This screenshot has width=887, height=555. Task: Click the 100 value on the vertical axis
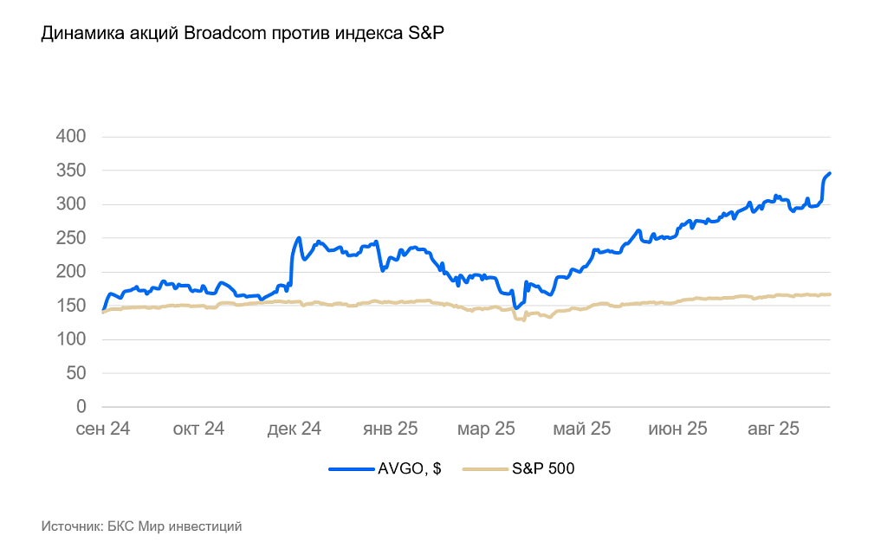[x=73, y=339]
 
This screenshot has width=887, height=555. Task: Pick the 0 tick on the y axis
[x=81, y=407]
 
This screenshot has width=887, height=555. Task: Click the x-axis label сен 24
[x=102, y=429]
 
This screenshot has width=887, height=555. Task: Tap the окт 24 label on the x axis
[x=199, y=429]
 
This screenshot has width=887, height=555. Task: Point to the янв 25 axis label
[x=391, y=429]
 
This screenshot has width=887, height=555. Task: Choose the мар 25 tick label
[x=487, y=429]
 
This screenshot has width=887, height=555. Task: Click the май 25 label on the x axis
[x=583, y=429]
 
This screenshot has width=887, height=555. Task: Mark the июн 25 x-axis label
[x=678, y=429]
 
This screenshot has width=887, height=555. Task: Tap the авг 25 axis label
[x=773, y=429]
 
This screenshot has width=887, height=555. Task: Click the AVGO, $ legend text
[x=410, y=469]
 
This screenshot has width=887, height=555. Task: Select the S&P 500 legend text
[x=542, y=469]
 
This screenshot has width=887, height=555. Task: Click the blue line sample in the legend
[x=351, y=469]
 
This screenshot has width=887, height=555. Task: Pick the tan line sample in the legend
[x=484, y=469]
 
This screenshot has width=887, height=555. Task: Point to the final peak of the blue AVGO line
[x=829, y=173]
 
